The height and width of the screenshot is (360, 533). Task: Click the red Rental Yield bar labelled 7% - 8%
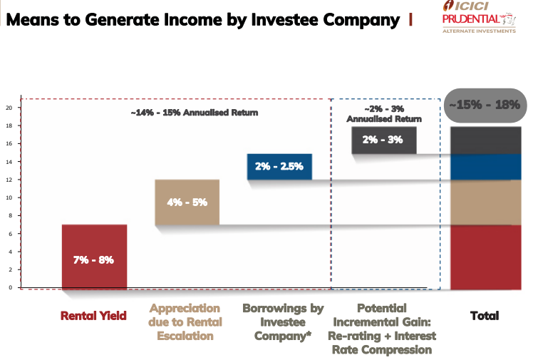tap(94, 257)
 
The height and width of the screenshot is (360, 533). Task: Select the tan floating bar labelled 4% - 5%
tap(187, 202)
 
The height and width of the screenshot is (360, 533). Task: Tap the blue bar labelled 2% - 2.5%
tap(279, 166)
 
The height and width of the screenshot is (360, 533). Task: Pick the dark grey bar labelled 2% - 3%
tap(383, 140)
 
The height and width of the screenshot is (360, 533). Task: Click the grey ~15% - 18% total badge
tap(483, 105)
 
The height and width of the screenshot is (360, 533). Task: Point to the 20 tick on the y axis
tap(9, 108)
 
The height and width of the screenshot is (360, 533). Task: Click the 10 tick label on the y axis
tap(9, 197)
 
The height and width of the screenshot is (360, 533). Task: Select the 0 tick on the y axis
tap(10, 287)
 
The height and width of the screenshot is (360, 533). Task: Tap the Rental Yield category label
tap(93, 314)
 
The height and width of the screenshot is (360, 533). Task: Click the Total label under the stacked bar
tap(485, 315)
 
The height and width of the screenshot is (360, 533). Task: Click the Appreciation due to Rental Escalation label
tap(185, 322)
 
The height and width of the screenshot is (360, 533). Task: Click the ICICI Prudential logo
tap(479, 17)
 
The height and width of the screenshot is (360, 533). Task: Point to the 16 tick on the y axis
tap(9, 143)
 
